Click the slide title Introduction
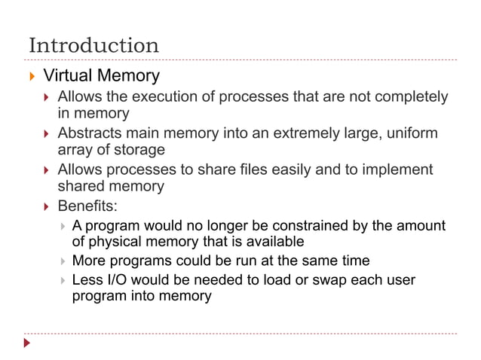[93, 45]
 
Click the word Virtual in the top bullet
[69, 76]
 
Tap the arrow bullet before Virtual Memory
[31, 77]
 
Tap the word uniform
[412, 133]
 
